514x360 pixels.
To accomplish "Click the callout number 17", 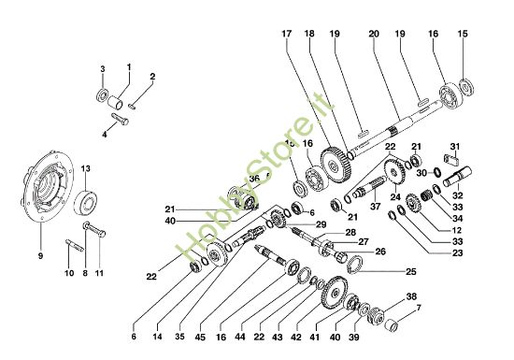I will pyautogui.click(x=287, y=35).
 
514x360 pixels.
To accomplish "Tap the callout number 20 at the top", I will pyautogui.click(x=374, y=35).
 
